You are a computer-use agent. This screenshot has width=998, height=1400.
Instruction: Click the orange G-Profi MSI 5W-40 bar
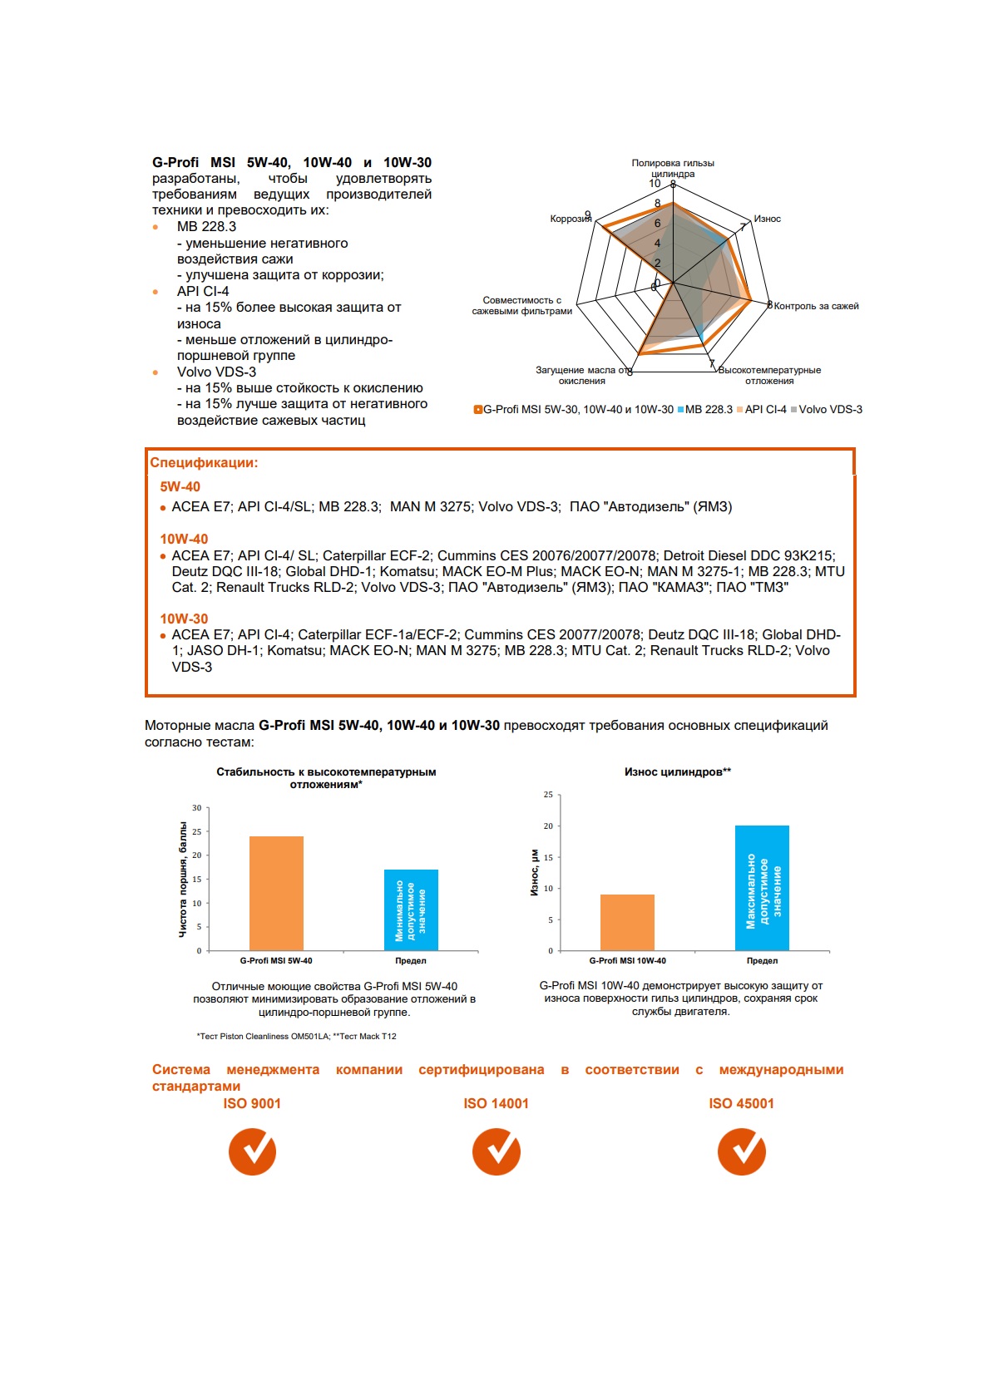pyautogui.click(x=276, y=893)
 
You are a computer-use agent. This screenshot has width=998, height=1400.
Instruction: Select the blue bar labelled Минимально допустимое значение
pyautogui.click(x=411, y=910)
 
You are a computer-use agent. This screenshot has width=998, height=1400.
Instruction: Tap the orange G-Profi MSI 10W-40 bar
pyautogui.click(x=627, y=922)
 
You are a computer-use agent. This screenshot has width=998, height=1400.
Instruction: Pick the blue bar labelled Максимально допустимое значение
pyautogui.click(x=762, y=888)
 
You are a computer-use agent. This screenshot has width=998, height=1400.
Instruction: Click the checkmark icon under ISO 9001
pyautogui.click(x=252, y=1151)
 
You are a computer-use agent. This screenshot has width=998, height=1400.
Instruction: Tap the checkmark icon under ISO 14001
pyautogui.click(x=497, y=1151)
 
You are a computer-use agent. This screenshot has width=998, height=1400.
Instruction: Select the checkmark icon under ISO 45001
pyautogui.click(x=741, y=1151)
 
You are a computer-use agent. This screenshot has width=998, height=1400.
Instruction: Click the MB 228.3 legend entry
pyautogui.click(x=705, y=410)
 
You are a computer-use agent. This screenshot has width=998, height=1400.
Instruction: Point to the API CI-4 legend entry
pyautogui.click(x=761, y=410)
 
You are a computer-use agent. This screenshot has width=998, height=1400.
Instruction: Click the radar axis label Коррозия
pyautogui.click(x=570, y=219)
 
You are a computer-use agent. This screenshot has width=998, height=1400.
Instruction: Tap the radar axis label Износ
pyautogui.click(x=767, y=219)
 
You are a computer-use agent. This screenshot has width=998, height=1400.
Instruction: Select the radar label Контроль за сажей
pyautogui.click(x=816, y=306)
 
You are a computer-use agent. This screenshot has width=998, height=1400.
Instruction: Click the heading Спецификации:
pyautogui.click(x=204, y=463)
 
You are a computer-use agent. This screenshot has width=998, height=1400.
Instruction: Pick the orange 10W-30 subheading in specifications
pyautogui.click(x=184, y=619)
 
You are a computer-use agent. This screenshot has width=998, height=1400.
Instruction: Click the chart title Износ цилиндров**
pyautogui.click(x=678, y=772)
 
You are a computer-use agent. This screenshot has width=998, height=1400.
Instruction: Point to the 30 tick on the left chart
pyautogui.click(x=197, y=808)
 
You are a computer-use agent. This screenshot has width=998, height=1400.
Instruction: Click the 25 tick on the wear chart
pyautogui.click(x=548, y=796)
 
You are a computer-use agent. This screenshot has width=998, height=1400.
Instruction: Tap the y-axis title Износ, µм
pyautogui.click(x=535, y=873)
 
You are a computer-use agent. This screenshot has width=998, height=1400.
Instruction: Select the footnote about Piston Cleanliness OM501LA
pyautogui.click(x=297, y=1037)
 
